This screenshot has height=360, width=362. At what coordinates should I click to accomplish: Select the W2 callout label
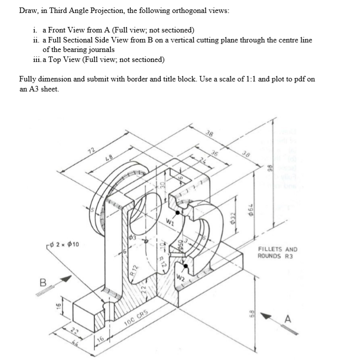coord(180,277)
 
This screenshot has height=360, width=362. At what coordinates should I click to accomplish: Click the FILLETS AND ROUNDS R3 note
coord(277,252)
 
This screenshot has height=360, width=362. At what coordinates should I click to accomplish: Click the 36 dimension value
coord(215,152)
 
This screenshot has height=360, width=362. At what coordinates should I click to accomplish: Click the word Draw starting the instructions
coord(28,11)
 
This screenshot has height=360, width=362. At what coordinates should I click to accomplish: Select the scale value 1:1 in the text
coord(265,79)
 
